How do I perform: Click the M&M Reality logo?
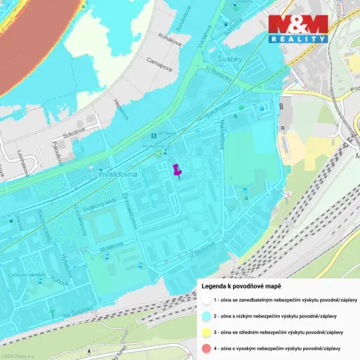click(298, 29)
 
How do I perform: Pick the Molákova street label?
click(102, 249)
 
